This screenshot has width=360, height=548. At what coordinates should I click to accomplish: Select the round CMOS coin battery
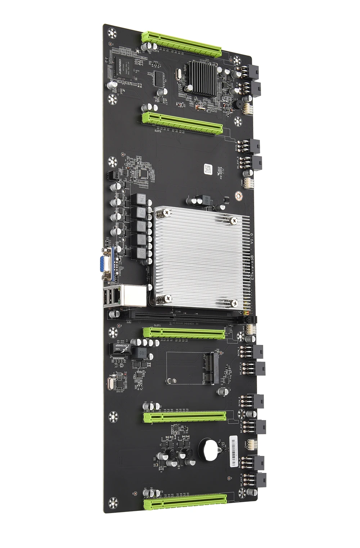210,449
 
